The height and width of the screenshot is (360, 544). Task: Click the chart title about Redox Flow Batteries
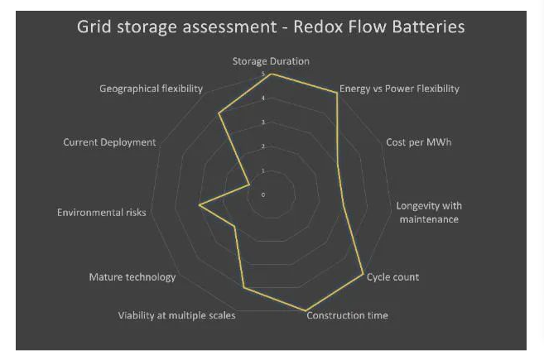click(x=271, y=26)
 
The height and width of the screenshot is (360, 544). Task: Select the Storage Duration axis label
click(x=271, y=61)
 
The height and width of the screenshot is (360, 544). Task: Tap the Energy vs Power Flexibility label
click(x=399, y=89)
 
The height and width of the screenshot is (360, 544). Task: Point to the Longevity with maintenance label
click(x=429, y=212)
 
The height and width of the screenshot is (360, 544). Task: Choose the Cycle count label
click(x=392, y=276)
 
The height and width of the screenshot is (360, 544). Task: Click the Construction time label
click(x=347, y=315)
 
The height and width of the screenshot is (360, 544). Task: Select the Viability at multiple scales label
click(x=176, y=315)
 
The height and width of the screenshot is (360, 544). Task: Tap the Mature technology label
click(x=132, y=276)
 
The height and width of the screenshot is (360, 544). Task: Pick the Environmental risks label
click(x=101, y=213)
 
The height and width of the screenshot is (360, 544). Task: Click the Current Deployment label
click(x=109, y=142)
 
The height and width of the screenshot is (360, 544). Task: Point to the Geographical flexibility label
click(x=151, y=89)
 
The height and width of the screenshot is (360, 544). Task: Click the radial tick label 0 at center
click(x=263, y=195)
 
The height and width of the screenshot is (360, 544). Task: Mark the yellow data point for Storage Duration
click(x=272, y=74)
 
